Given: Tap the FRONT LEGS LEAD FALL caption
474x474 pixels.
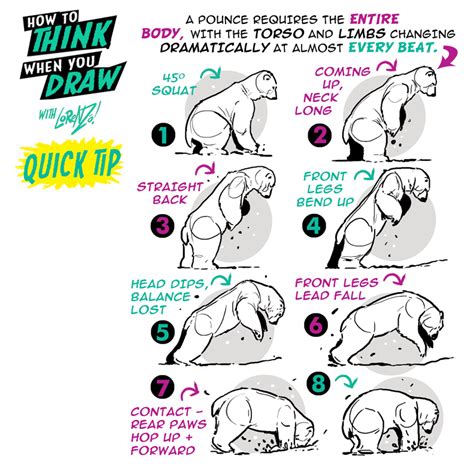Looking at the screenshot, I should point(337,291).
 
